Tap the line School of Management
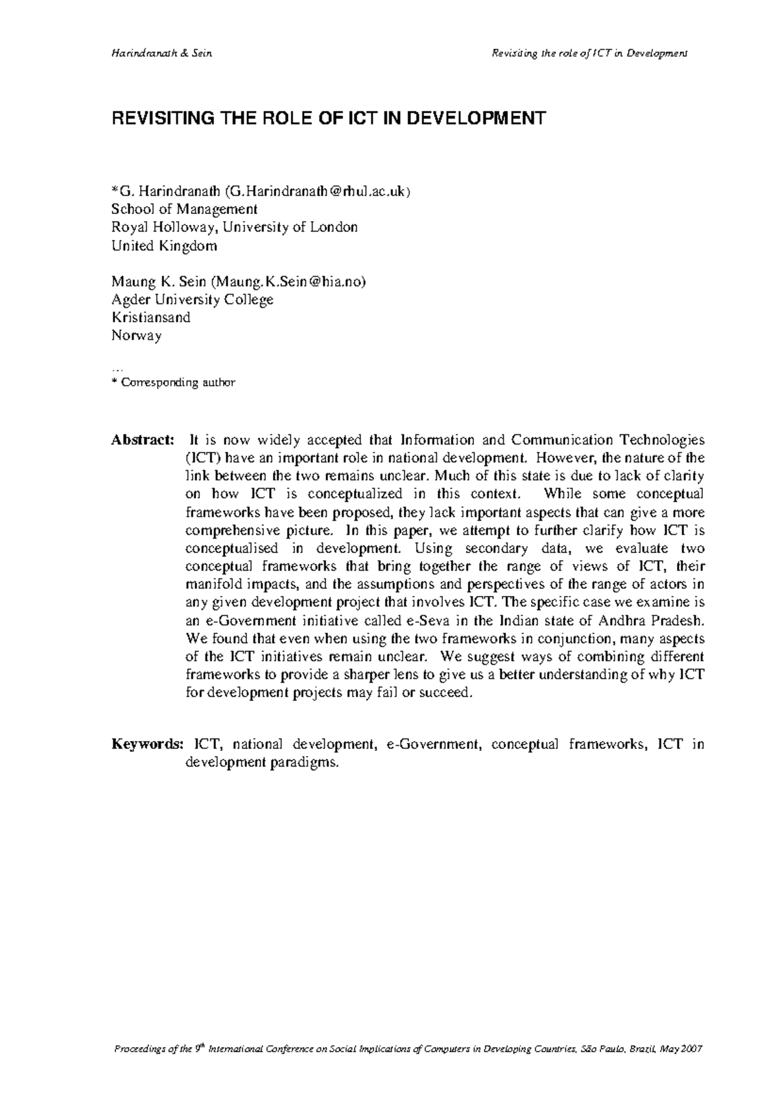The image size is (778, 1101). [x=184, y=209]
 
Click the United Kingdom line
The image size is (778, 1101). [x=164, y=246]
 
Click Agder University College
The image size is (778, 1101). [x=192, y=300]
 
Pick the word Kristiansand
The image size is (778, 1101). [x=150, y=318]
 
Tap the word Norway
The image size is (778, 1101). [x=136, y=336]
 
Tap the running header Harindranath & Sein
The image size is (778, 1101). [x=161, y=53]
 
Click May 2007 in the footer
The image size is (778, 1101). [x=680, y=1049]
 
